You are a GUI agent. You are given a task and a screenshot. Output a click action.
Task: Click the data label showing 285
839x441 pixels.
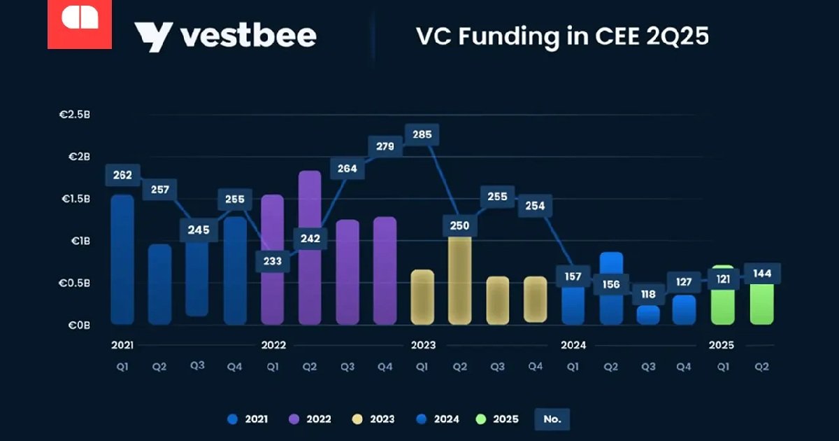(422, 134)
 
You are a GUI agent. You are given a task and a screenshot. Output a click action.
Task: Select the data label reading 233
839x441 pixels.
(273, 260)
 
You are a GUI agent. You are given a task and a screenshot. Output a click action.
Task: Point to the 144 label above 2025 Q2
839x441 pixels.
(763, 274)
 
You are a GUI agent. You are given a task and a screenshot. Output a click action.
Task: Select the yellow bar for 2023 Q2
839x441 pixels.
(460, 280)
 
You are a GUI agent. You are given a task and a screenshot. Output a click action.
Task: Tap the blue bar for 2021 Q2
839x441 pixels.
(160, 283)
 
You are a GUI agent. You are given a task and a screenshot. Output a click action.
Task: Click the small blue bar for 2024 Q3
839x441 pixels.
(648, 314)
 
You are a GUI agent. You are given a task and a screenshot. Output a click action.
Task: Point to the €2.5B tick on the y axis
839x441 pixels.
(74, 114)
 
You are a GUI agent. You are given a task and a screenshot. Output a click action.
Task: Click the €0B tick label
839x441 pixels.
(78, 325)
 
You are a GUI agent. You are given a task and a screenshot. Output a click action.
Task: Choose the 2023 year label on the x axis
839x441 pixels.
(423, 345)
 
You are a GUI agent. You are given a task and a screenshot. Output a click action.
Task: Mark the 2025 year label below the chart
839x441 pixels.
(722, 345)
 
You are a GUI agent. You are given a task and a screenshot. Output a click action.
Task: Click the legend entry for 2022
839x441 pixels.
(310, 419)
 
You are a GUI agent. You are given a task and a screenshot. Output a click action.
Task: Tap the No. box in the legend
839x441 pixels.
(552, 419)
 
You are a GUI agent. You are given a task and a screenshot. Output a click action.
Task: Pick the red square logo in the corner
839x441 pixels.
(80, 24)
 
